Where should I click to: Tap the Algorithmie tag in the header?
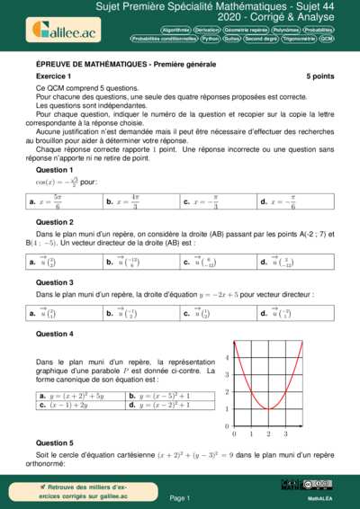176,30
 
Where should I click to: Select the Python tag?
211,40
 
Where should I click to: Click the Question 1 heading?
54,169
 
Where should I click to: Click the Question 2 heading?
54,222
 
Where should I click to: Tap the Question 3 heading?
54,281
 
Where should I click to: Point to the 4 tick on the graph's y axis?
227,358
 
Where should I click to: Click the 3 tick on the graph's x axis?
285,433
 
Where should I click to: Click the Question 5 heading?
54,443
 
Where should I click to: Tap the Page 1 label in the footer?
179,496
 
